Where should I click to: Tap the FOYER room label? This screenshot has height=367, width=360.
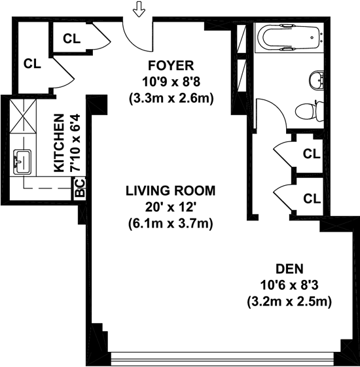171,65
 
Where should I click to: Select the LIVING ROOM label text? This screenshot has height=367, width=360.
171,190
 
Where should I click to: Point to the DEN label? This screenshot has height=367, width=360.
289,269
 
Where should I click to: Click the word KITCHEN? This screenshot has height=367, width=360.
59,143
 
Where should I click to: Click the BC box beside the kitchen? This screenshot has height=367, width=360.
80,188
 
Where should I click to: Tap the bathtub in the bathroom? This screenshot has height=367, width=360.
289,37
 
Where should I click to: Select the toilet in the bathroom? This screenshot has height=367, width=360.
310,111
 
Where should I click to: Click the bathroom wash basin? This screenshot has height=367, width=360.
317,80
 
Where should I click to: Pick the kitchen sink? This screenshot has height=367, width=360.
22,162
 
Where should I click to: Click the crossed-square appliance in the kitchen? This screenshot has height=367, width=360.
23,116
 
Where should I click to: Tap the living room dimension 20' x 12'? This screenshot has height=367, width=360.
170,207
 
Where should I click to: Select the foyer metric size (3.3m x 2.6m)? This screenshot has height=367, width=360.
171,99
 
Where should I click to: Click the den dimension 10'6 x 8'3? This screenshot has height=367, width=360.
289,285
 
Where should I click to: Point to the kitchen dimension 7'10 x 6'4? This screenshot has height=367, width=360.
76,143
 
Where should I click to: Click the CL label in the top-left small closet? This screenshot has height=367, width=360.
71,39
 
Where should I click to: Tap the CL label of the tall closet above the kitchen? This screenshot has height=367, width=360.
32,63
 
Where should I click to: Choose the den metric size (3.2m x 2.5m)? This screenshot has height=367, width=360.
289,302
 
